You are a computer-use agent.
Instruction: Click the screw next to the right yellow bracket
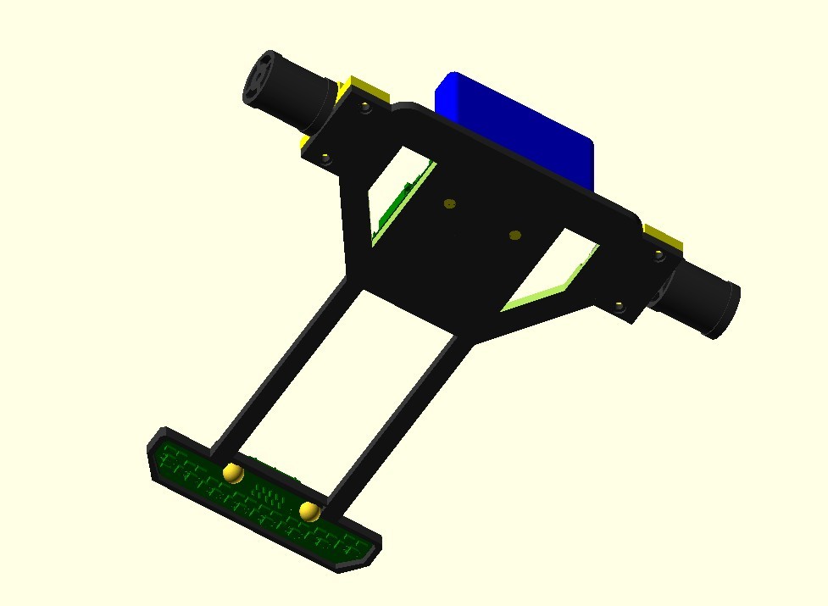pos(658,253)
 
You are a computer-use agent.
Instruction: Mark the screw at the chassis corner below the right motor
pos(620,305)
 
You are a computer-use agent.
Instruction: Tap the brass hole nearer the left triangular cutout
pos(449,203)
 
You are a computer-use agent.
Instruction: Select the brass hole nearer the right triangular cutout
pos(514,235)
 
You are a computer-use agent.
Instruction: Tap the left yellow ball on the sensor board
pos(233,473)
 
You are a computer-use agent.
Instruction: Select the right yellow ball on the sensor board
pos(309,511)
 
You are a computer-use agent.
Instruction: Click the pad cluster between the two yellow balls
pos(270,493)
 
